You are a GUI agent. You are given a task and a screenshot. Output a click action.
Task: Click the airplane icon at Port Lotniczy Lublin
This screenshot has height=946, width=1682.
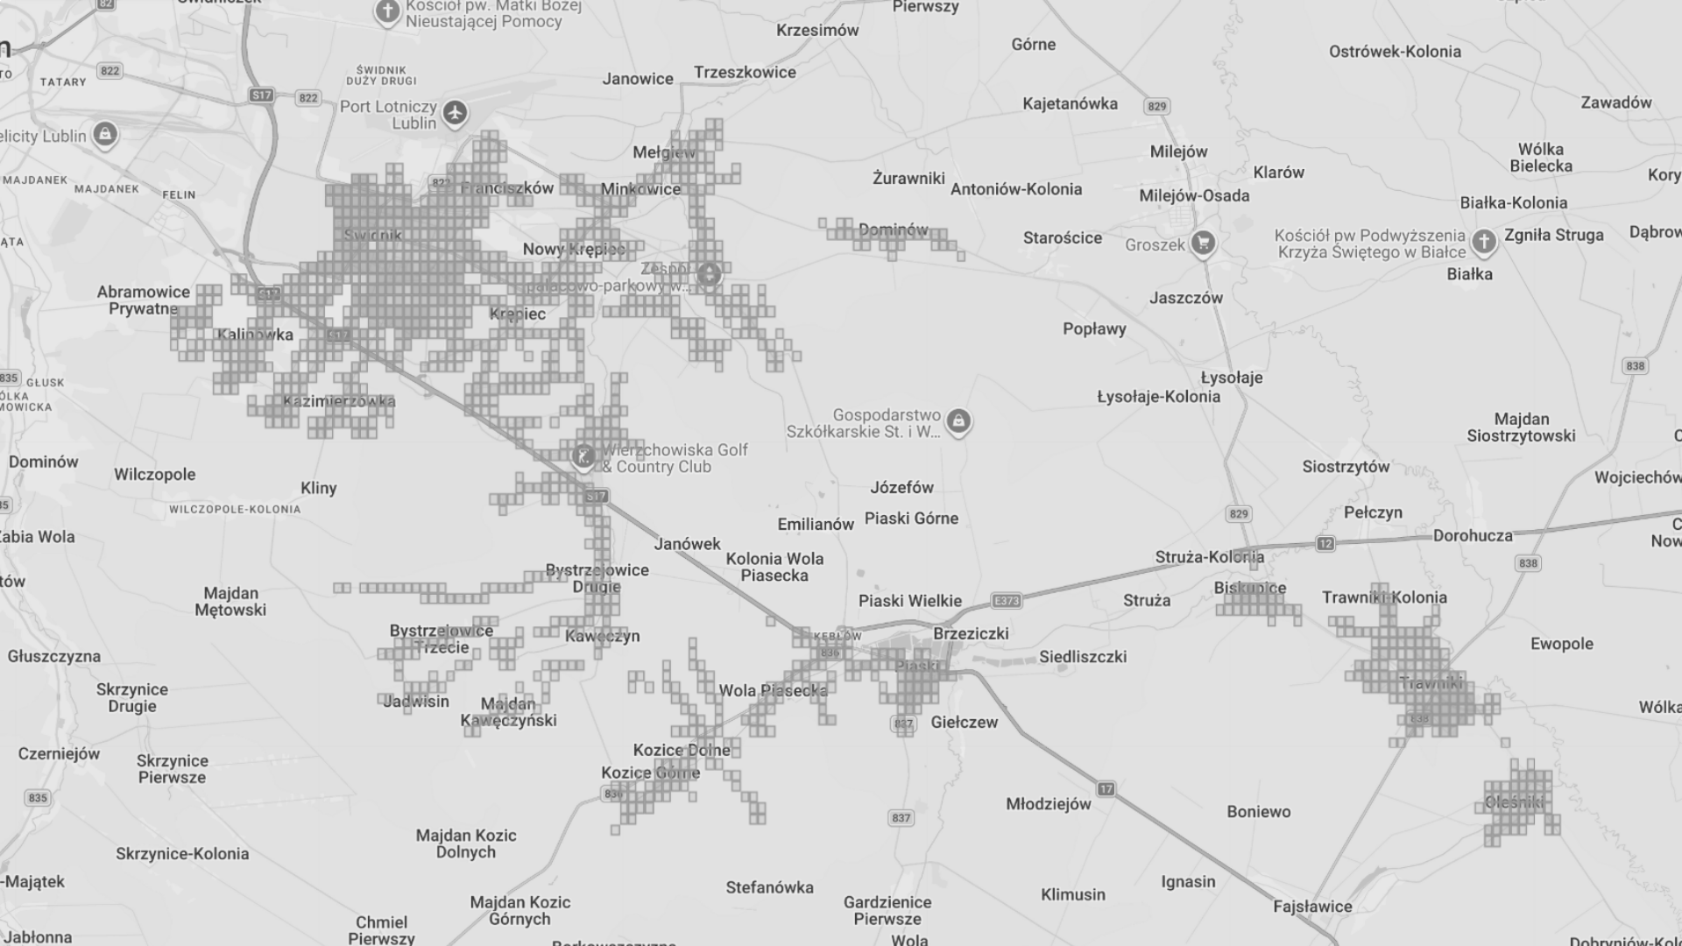(x=455, y=112)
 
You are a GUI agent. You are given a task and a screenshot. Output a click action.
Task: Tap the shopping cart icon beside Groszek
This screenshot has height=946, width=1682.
(x=1203, y=243)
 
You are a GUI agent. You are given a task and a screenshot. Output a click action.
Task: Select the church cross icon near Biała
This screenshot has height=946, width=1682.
(x=1483, y=240)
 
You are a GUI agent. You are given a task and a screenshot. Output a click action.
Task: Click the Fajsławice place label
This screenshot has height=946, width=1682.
(x=1312, y=907)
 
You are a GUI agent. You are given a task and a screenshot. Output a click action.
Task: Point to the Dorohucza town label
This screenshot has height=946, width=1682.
(x=1473, y=535)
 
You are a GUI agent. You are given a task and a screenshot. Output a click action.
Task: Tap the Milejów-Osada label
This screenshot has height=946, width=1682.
(x=1194, y=195)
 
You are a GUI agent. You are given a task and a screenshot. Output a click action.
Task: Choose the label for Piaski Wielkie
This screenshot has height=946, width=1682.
(x=910, y=601)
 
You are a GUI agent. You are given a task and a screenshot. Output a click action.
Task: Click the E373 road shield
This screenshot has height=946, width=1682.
(x=1007, y=601)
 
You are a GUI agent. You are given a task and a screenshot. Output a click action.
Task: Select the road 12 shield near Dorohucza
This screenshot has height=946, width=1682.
(x=1325, y=544)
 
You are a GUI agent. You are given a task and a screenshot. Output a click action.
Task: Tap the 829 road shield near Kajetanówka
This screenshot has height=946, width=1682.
(x=1157, y=106)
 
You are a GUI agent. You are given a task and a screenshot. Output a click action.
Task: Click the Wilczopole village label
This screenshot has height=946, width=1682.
(x=155, y=475)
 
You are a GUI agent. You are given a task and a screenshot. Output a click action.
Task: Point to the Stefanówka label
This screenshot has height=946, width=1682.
(x=769, y=887)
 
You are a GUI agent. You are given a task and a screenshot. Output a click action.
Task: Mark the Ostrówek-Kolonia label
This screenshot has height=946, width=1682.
(x=1395, y=52)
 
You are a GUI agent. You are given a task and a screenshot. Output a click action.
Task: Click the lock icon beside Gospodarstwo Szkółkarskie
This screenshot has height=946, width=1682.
(x=958, y=421)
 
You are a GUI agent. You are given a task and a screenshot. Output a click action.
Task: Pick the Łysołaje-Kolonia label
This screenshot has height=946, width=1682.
(x=1158, y=397)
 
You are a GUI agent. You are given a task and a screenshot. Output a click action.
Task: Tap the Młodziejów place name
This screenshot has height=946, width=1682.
(x=1049, y=804)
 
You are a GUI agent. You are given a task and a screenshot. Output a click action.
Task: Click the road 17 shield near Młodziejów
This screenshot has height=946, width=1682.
(x=1106, y=789)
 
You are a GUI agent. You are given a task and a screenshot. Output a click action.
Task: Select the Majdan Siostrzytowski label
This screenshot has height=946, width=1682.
(x=1521, y=427)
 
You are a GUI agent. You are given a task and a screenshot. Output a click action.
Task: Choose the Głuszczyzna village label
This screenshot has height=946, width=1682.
(x=54, y=656)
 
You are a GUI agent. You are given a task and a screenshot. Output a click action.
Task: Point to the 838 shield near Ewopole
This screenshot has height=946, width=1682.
(x=1528, y=563)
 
